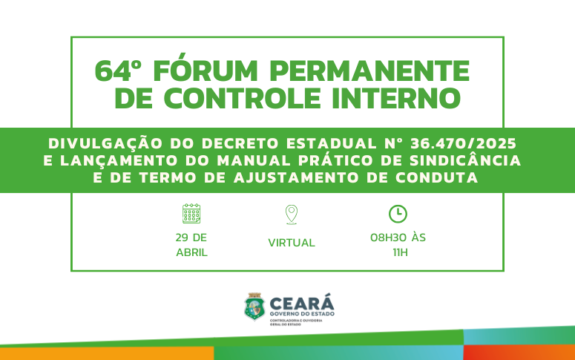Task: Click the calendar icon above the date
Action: (191, 214)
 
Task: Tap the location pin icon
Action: (292, 215)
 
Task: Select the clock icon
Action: (398, 214)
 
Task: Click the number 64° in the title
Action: (118, 72)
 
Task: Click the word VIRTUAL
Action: (292, 243)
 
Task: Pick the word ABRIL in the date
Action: (191, 252)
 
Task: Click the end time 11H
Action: (400, 252)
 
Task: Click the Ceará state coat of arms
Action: (254, 307)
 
